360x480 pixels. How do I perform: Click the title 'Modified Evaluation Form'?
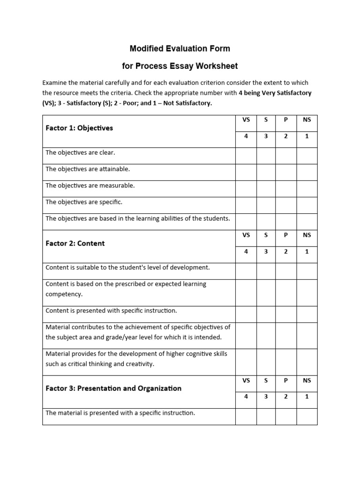click(x=180, y=48)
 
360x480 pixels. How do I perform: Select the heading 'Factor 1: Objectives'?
click(x=79, y=128)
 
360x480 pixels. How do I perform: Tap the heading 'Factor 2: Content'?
click(x=75, y=243)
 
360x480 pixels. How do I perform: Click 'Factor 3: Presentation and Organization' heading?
click(x=113, y=388)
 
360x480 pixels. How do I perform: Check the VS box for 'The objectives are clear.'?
click(x=246, y=156)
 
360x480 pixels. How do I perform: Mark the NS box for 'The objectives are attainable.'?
click(x=307, y=172)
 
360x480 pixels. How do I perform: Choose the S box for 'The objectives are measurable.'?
click(x=266, y=188)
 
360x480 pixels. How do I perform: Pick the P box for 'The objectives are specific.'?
click(x=286, y=205)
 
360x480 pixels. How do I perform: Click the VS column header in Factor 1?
click(x=246, y=120)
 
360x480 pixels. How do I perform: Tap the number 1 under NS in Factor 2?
click(x=307, y=251)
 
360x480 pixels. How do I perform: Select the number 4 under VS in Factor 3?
click(x=246, y=397)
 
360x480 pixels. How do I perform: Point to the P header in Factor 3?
click(x=286, y=381)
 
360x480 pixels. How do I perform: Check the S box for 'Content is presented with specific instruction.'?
click(x=266, y=314)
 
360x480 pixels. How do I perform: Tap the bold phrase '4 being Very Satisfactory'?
click(x=275, y=93)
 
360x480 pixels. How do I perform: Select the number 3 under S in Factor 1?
click(x=266, y=136)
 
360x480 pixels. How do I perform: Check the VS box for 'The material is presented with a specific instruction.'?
click(x=246, y=416)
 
